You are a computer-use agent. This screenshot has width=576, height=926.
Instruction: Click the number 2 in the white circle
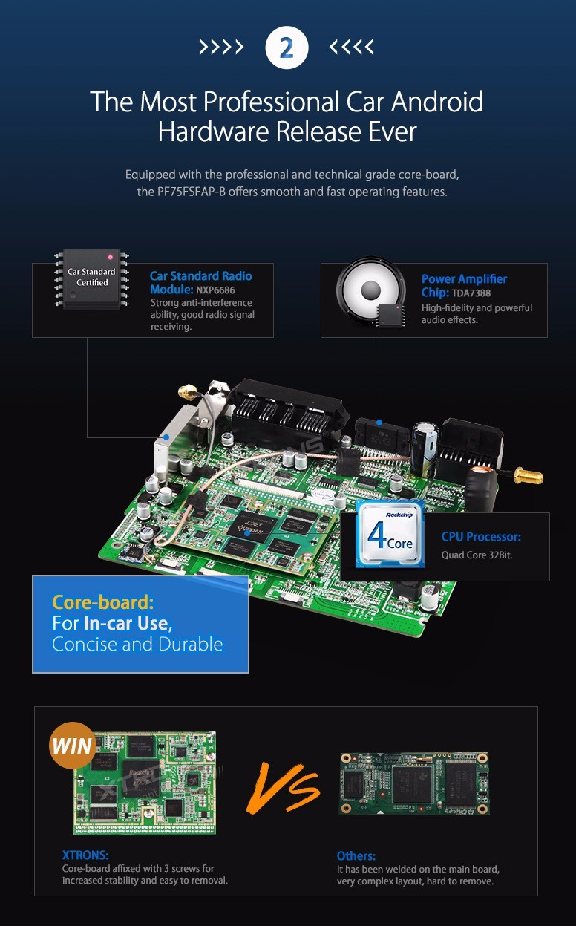pos(287,48)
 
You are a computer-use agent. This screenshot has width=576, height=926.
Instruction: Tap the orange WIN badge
pos(73,746)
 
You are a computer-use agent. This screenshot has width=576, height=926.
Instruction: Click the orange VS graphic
pos(283,788)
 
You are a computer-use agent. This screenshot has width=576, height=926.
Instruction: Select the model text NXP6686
pos(215,290)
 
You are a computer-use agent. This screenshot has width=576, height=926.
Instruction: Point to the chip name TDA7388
pos(471,293)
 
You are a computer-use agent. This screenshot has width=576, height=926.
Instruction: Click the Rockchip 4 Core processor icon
pos(390,533)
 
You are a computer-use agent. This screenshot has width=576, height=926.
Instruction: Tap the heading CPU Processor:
pos(481,537)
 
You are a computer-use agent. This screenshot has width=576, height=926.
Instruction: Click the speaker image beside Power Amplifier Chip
pos(370,291)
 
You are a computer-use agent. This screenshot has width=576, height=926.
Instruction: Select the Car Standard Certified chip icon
pos(92,278)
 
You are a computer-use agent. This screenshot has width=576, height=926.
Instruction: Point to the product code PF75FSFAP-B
pos(192,192)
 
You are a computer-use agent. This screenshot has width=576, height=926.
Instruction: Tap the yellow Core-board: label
pos(103,602)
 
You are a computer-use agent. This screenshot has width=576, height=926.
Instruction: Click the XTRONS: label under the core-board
pos(85,855)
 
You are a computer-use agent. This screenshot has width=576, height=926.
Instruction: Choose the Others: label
pos(356,855)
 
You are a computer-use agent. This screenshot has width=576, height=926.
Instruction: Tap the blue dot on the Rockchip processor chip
pos(246,533)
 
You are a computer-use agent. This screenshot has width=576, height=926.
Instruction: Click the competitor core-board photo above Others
pos(414,783)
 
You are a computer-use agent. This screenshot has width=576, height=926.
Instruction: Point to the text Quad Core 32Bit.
pos(477,555)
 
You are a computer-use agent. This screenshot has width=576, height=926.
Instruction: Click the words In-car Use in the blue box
pos(126,623)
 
